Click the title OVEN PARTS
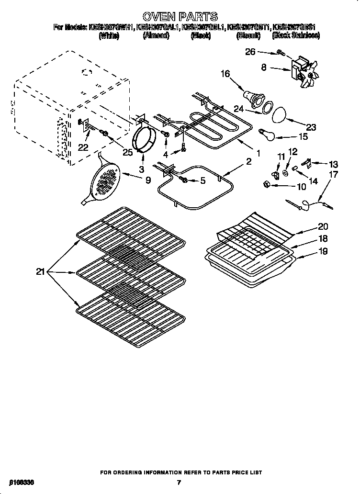[180, 17]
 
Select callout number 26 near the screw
[250, 52]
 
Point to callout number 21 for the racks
[40, 272]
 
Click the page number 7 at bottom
[178, 483]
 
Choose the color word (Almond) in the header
[156, 36]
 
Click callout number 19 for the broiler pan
[323, 251]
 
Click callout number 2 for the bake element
[248, 162]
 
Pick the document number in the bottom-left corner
[18, 483]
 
